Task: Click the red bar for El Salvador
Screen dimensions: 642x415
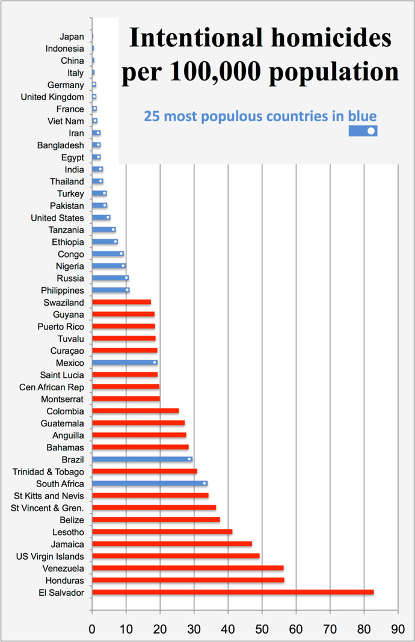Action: (233, 592)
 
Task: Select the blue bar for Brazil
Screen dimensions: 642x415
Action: (142, 459)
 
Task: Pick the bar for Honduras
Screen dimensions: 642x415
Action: (188, 580)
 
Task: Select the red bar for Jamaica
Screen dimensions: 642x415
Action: (172, 544)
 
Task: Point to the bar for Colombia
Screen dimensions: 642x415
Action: (135, 411)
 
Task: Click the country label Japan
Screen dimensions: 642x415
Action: (72, 37)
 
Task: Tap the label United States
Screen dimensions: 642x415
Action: (57, 218)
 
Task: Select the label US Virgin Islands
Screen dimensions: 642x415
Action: (50, 556)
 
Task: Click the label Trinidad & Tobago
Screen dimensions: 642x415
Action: (48, 471)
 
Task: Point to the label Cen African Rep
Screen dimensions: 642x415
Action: (52, 387)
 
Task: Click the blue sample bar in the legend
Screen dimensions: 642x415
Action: (363, 130)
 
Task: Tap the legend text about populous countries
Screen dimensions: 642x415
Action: (260, 116)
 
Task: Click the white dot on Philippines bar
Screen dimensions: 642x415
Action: (127, 290)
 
